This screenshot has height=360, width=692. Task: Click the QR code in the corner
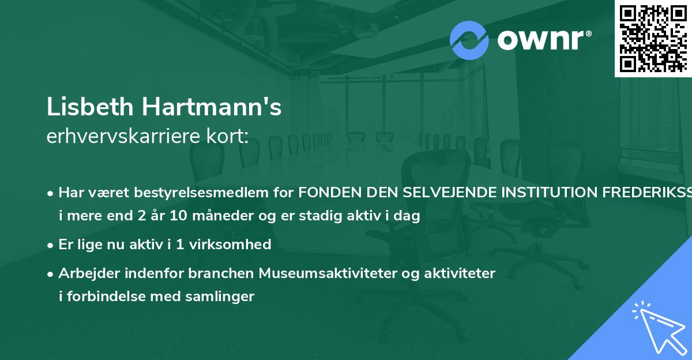point(653,38)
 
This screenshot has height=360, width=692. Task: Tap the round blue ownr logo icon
point(469,40)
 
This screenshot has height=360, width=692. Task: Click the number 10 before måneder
point(171,216)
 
